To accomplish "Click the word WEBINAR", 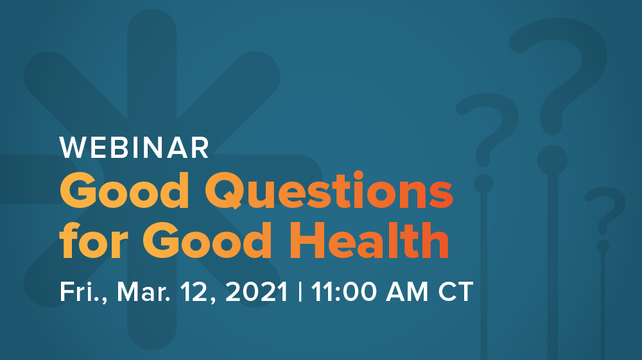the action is coord(134,148).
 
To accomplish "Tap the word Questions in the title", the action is coord(329,191).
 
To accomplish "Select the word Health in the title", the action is coord(370,240).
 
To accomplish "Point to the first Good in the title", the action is coord(125,190).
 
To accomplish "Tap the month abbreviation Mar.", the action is coord(144,292).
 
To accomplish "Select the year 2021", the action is coord(257,292).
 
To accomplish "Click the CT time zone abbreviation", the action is coord(456,292).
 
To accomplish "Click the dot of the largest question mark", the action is coord(552,160).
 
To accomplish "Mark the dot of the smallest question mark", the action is coord(603,245).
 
